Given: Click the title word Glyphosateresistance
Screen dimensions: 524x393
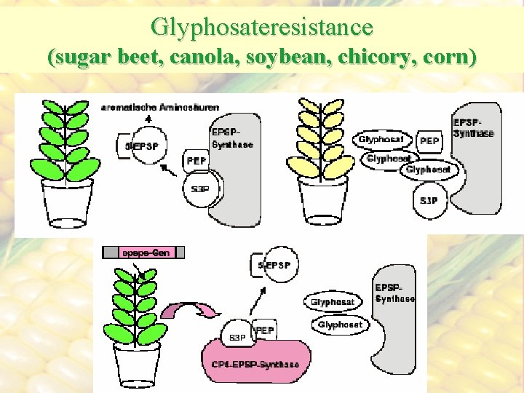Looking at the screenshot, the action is (262, 27).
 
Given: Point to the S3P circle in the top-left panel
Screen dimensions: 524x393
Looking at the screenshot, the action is (199, 189).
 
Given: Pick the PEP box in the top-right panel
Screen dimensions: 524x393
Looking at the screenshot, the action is (430, 139).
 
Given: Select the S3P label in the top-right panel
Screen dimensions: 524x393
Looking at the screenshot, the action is (429, 200).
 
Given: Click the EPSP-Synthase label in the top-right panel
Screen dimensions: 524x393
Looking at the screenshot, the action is (473, 128).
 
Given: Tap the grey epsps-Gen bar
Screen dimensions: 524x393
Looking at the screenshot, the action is (143, 253).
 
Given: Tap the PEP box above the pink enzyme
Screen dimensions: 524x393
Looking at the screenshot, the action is (264, 330).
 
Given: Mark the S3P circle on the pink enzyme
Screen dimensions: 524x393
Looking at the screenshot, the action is (237, 337).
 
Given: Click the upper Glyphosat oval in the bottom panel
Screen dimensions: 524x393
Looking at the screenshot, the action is (333, 301).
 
